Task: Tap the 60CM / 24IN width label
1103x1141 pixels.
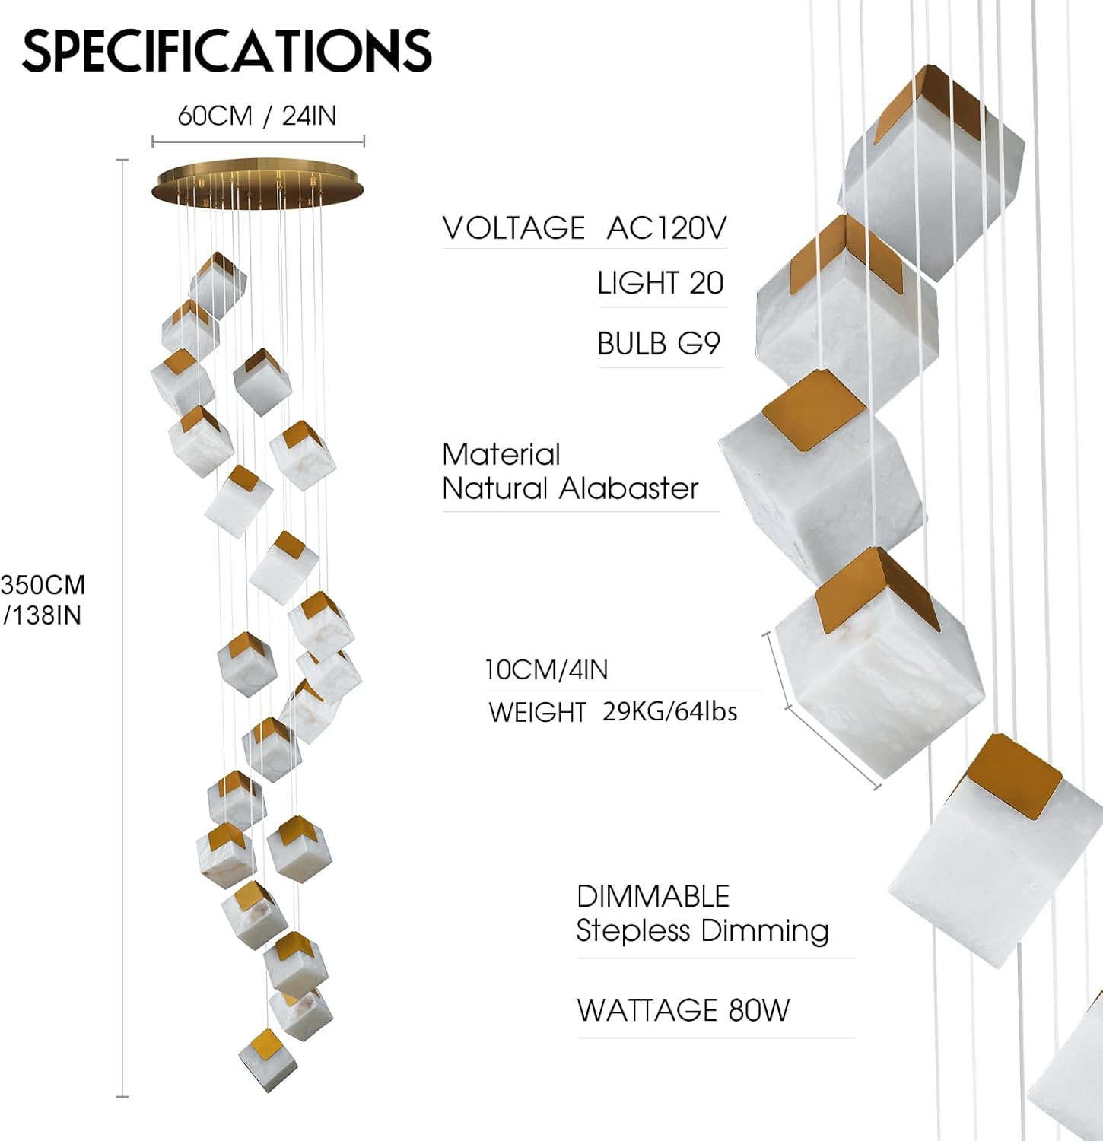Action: point(256,116)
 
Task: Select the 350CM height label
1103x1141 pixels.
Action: point(43,585)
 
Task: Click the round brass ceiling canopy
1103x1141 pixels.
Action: point(258,183)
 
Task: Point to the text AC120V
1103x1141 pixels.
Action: point(666,227)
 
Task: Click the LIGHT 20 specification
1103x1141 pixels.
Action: point(660,283)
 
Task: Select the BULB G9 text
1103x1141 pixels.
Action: point(659,344)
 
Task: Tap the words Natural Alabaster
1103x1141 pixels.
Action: point(570,488)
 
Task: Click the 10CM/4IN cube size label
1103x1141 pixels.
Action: point(546,669)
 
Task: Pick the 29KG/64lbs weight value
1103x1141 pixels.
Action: point(669,711)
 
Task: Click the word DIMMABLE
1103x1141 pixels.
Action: point(653,896)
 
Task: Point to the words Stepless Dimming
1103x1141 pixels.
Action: point(702,930)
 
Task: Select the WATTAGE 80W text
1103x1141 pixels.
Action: point(683,1010)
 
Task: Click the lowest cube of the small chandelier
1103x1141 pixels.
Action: point(268,1060)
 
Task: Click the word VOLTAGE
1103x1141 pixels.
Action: point(513,227)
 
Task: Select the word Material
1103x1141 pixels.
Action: point(501,454)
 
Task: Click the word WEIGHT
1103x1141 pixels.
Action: point(537,712)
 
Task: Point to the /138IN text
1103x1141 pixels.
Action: point(43,615)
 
